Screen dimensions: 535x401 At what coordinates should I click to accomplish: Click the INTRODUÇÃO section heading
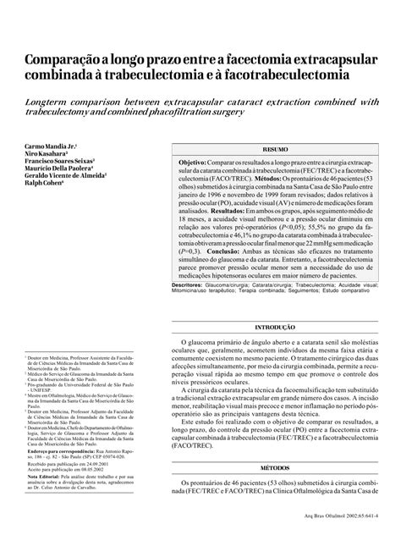pyautogui.click(x=275, y=326)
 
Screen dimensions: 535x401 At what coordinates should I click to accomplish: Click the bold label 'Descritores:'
pyautogui.click(x=190, y=287)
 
